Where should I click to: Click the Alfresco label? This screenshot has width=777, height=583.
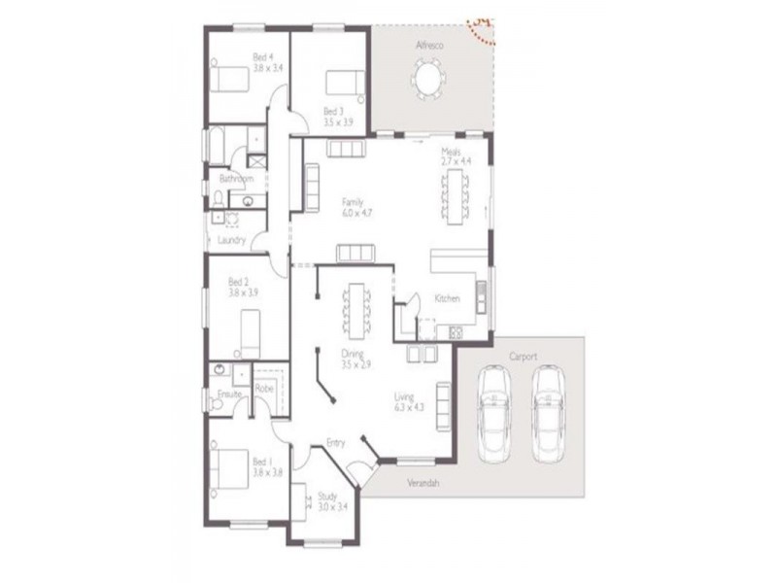(430, 45)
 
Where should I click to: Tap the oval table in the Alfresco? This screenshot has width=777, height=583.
(428, 78)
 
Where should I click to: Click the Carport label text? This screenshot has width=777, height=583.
(522, 357)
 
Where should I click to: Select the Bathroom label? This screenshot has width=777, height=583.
(235, 179)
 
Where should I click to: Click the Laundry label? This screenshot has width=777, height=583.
(231, 239)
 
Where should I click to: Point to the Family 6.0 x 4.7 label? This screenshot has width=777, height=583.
(354, 207)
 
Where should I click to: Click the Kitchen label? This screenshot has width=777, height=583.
(447, 297)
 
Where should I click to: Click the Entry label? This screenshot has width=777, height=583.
(336, 443)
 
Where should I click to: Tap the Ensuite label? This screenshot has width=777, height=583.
(229, 394)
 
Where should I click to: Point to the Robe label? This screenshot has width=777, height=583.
(262, 389)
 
